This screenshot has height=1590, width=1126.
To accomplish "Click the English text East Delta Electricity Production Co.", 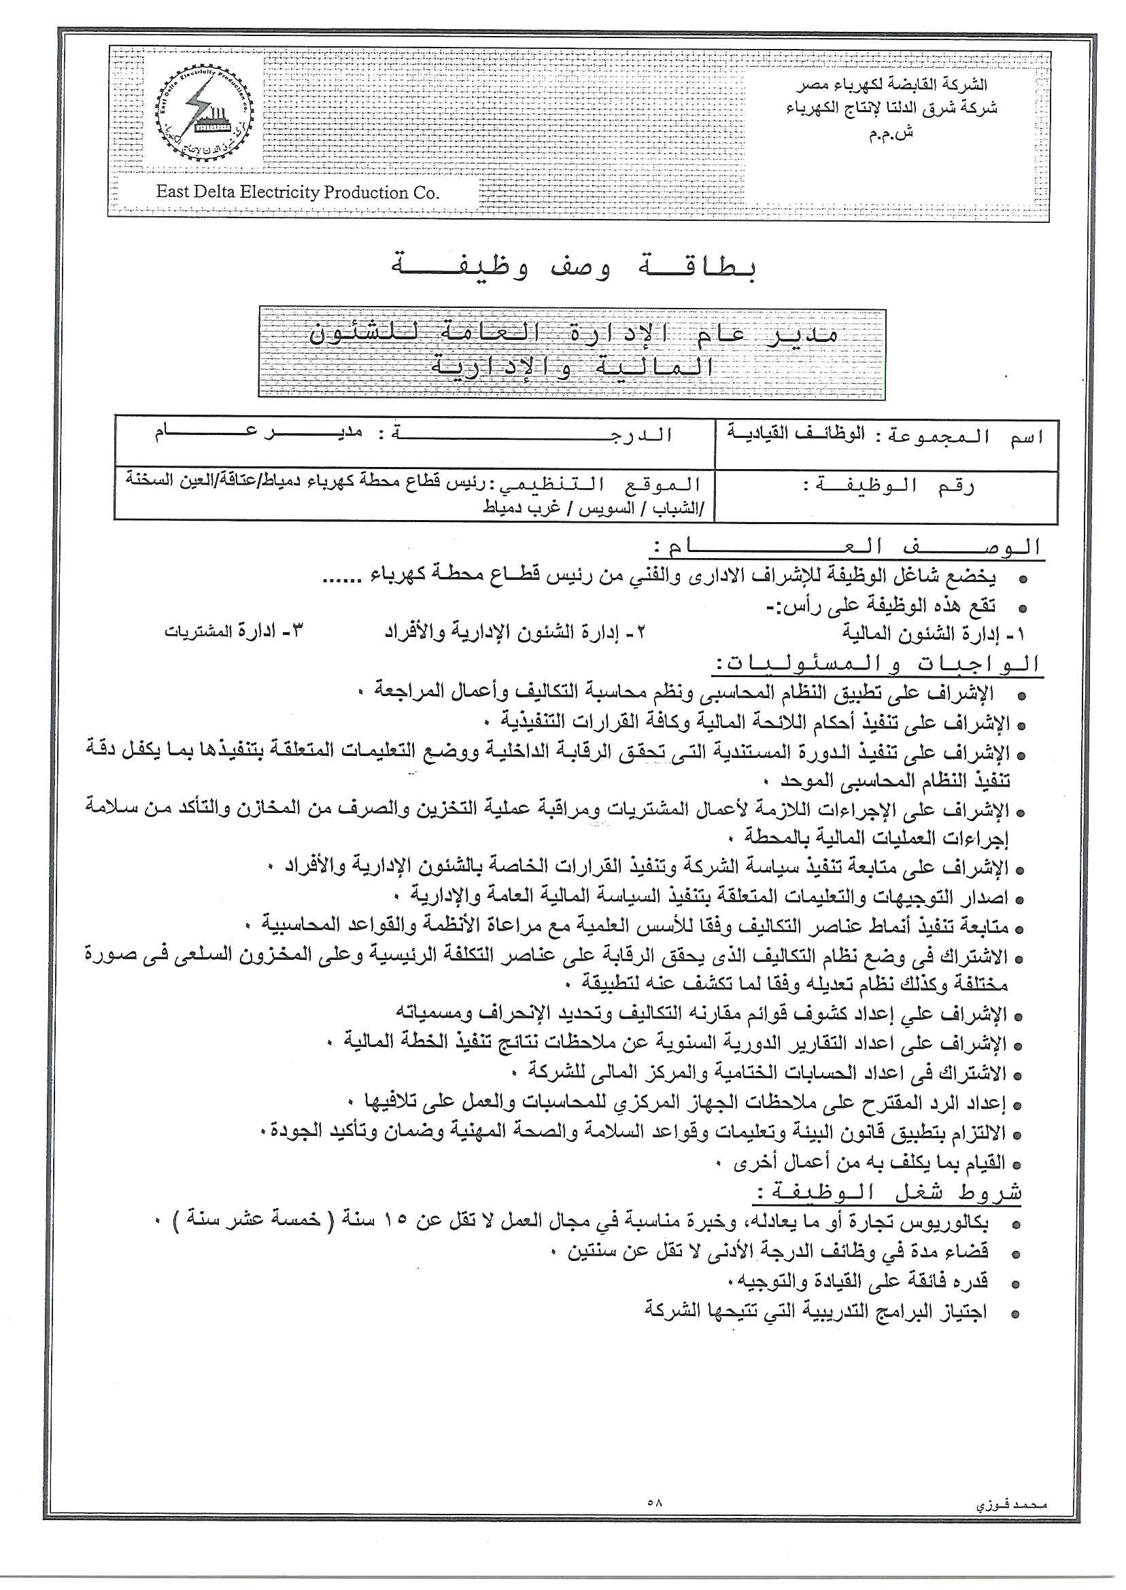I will point(298,192).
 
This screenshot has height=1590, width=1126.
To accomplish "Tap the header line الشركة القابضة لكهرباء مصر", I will point(891,84).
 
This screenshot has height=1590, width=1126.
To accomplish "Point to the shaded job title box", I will point(573,352).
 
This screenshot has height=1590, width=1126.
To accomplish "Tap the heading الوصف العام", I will point(847,547).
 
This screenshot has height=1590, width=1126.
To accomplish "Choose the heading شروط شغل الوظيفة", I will point(887,1193).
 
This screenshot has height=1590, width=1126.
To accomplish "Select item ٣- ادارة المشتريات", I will point(233,632).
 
